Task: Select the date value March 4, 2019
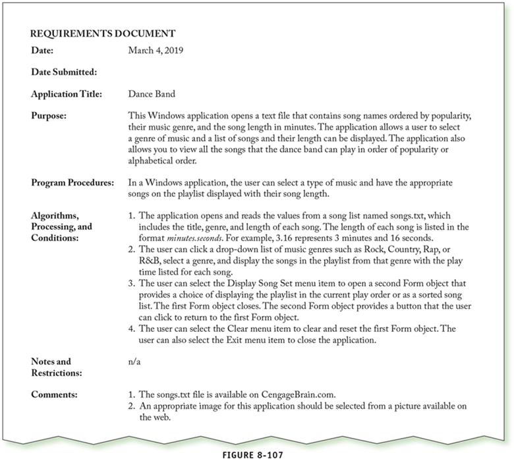click(x=156, y=49)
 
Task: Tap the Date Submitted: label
click(x=63, y=72)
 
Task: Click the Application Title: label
click(x=66, y=94)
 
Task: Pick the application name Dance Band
click(x=151, y=94)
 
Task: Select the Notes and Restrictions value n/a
click(x=134, y=362)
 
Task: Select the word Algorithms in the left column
click(x=57, y=215)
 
